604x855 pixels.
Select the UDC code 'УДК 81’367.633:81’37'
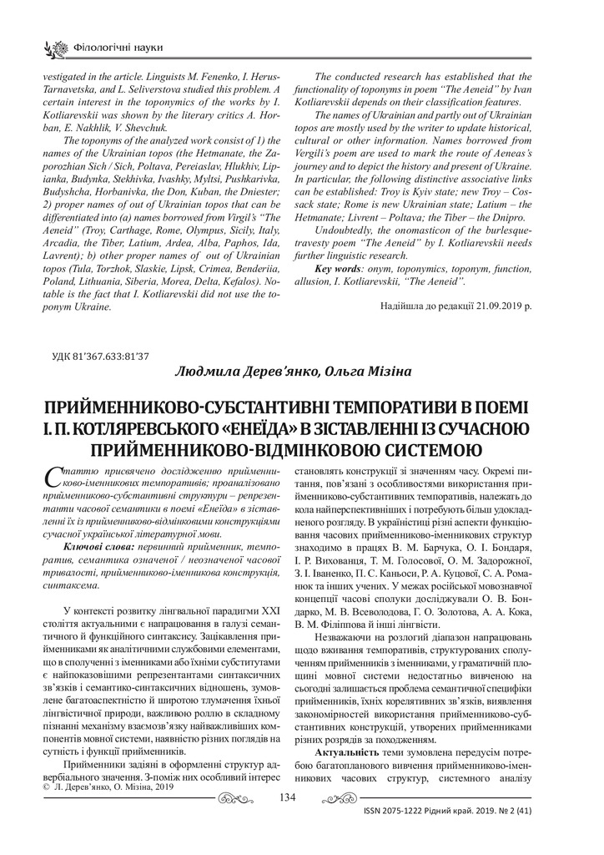click(101, 357)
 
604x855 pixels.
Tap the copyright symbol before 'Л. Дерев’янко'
click(46, 786)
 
